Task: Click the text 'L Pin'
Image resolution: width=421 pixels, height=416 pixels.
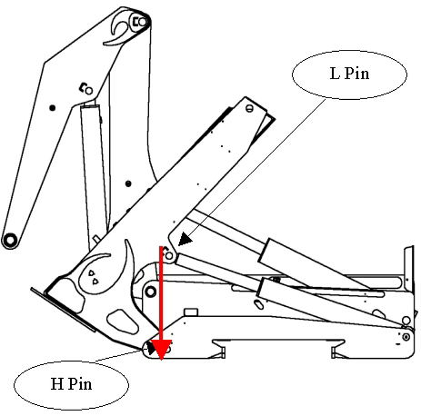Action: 349,74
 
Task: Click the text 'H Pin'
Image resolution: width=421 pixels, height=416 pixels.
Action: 71,384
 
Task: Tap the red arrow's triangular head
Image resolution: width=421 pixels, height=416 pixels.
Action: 162,350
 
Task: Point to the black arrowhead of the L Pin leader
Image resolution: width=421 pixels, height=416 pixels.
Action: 185,240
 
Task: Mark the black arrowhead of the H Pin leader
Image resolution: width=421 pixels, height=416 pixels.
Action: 151,348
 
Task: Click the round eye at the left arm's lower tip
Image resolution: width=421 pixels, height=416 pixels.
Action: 10,241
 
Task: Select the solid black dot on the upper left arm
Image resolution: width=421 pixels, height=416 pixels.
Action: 53,108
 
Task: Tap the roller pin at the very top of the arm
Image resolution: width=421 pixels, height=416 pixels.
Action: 142,22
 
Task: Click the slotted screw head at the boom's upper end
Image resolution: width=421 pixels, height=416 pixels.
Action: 249,109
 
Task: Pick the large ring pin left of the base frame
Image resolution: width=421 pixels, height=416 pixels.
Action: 151,292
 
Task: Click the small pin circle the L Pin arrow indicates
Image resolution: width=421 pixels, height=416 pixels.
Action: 169,256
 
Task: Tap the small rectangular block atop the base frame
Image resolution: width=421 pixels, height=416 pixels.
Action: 191,312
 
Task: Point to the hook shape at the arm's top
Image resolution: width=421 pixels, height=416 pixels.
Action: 119,30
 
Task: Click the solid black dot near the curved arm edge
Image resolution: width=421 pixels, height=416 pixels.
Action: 128,183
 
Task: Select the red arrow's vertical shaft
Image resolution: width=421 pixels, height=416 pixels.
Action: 161,293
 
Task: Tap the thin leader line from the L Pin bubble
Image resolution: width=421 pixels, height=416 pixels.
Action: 256,167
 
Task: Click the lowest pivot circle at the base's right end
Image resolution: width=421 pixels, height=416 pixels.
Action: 406,336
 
